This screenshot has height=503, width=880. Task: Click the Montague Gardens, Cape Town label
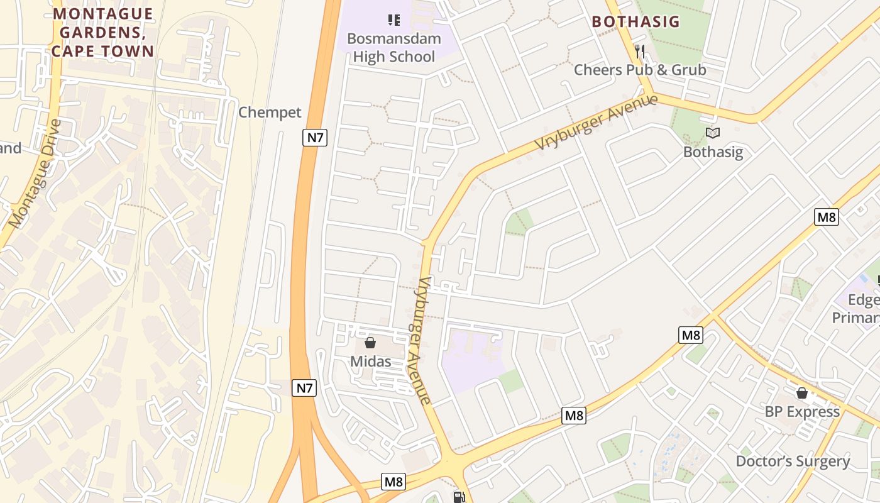pos(103,32)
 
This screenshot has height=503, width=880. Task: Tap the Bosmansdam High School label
pos(394,48)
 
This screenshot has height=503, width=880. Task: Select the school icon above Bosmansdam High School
pos(394,20)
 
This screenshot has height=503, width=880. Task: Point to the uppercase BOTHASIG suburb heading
pos(636,21)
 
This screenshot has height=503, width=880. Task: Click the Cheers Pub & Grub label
pos(640,70)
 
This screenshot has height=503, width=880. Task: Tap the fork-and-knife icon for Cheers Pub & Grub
pos(640,51)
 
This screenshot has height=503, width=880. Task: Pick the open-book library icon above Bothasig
pos(712,133)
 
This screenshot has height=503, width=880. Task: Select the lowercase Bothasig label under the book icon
pos(713,152)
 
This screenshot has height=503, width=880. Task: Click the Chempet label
pos(270,113)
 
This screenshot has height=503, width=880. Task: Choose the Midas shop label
pos(370,362)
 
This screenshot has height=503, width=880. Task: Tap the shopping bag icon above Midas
pos(370,343)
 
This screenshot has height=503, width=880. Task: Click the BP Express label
pos(802,412)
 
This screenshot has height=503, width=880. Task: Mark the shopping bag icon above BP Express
pos(801,393)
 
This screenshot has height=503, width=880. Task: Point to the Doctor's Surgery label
pos(793,461)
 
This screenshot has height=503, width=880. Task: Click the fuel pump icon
pos(459,497)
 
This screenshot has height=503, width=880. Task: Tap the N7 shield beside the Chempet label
pos(314,137)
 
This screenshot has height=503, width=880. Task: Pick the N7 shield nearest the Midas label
pos(304,388)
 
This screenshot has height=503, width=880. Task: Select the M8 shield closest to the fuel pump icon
pos(393,482)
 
